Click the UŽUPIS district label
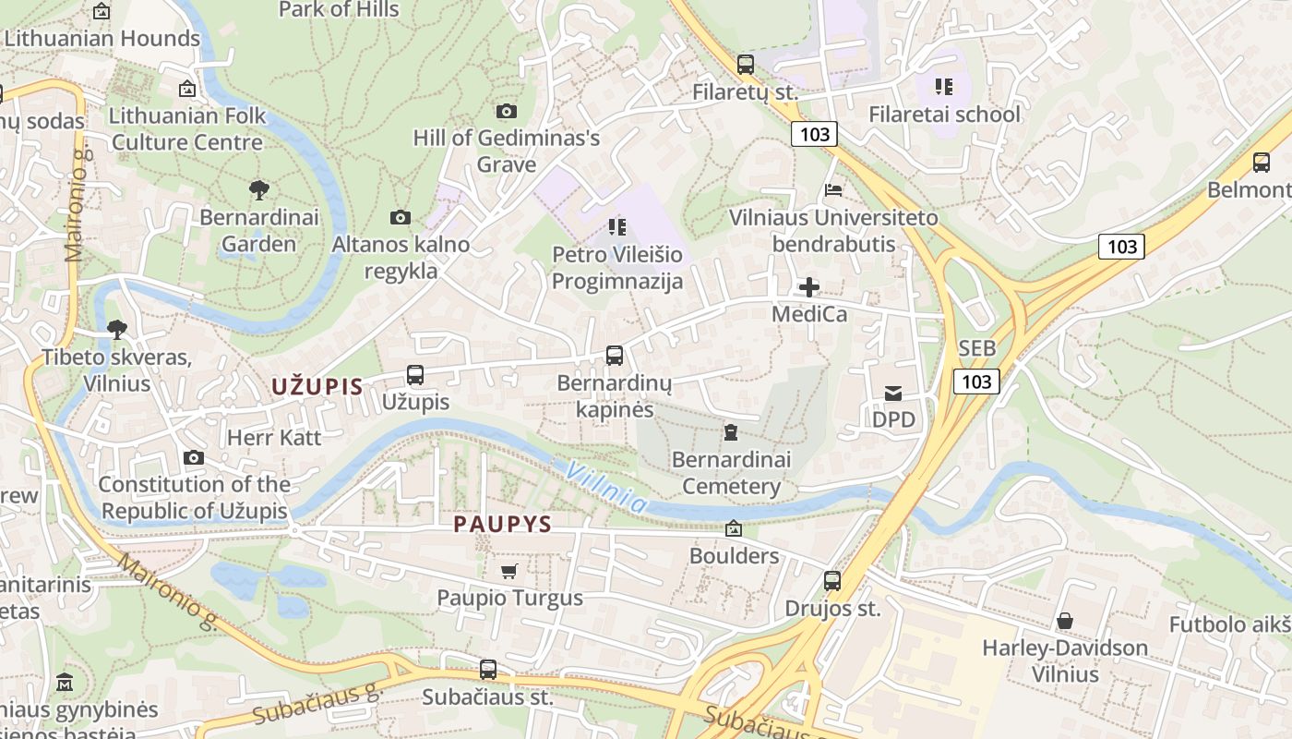pyautogui.click(x=317, y=387)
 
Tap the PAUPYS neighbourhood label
pyautogui.click(x=502, y=525)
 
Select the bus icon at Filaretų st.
pyautogui.click(x=746, y=65)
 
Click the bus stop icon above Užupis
pyautogui.click(x=415, y=375)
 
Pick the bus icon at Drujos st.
pyautogui.click(x=832, y=581)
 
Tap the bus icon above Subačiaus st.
pyautogui.click(x=488, y=670)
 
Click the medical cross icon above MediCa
pyautogui.click(x=809, y=286)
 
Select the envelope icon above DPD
pyautogui.click(x=893, y=394)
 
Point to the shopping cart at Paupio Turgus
pyautogui.click(x=509, y=571)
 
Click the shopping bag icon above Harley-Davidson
pyautogui.click(x=1065, y=621)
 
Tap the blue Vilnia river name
pyautogui.click(x=606, y=487)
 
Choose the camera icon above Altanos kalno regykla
pyautogui.click(x=401, y=218)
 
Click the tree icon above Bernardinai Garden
pyautogui.click(x=259, y=190)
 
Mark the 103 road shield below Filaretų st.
pyautogui.click(x=814, y=135)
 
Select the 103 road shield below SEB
pyautogui.click(x=976, y=382)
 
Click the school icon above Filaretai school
pyautogui.click(x=943, y=87)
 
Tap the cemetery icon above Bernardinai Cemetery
pyautogui.click(x=731, y=432)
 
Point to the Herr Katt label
pyautogui.click(x=274, y=437)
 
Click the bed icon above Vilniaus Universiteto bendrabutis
pyautogui.click(x=833, y=190)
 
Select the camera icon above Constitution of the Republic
pyautogui.click(x=194, y=457)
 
